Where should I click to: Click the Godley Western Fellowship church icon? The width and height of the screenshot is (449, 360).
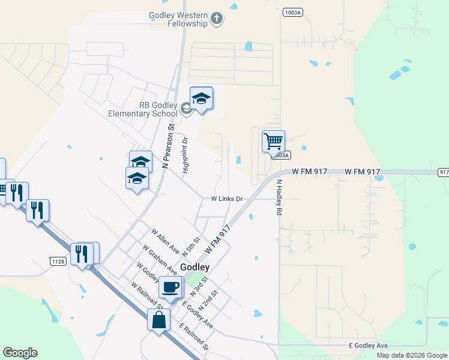click(217, 20)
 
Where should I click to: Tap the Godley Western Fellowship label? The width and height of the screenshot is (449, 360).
click(179, 20)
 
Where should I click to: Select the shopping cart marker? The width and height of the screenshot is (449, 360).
click(273, 142)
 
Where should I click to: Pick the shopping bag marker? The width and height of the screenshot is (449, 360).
click(158, 320)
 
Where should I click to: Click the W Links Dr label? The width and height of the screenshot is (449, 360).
click(227, 199)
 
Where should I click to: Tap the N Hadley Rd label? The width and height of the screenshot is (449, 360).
click(279, 198)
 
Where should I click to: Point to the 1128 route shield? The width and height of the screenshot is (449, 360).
click(58, 261)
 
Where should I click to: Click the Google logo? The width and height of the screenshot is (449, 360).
click(20, 353)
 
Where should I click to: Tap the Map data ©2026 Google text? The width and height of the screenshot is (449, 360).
click(412, 355)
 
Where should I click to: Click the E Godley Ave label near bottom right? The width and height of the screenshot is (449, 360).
click(369, 346)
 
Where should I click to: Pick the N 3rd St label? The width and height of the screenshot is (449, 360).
click(199, 286)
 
